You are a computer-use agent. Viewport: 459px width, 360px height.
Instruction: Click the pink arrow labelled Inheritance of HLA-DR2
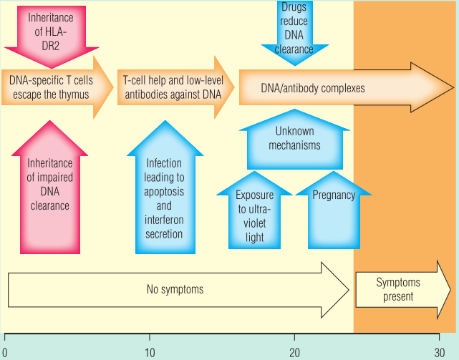pyautogui.click(x=50, y=32)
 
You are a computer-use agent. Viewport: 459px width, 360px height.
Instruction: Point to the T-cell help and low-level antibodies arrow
pyautogui.click(x=172, y=87)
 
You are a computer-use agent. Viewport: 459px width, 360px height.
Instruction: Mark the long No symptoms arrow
pyautogui.click(x=175, y=289)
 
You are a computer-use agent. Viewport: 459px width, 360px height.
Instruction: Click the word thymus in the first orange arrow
pyautogui.click(x=74, y=94)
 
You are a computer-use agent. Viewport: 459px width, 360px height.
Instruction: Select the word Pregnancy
pyautogui.click(x=334, y=195)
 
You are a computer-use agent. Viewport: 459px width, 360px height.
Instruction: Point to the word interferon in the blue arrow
pyautogui.click(x=164, y=221)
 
